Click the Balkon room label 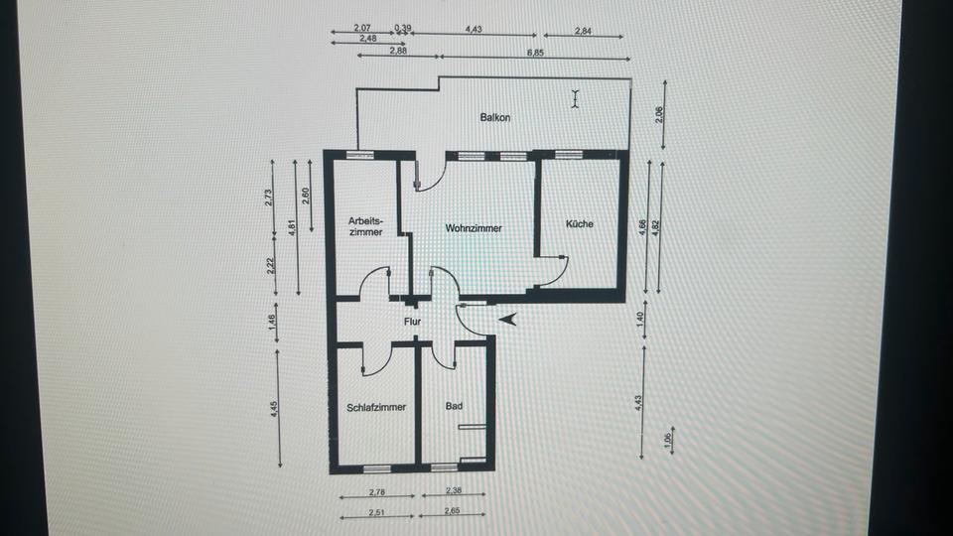495,117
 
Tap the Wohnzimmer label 474,228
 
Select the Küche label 579,224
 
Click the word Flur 413,323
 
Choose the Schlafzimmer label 376,407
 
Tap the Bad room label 455,406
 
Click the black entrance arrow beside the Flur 508,320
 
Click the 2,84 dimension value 585,32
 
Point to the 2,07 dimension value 361,29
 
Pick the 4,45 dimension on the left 274,410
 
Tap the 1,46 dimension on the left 274,321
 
